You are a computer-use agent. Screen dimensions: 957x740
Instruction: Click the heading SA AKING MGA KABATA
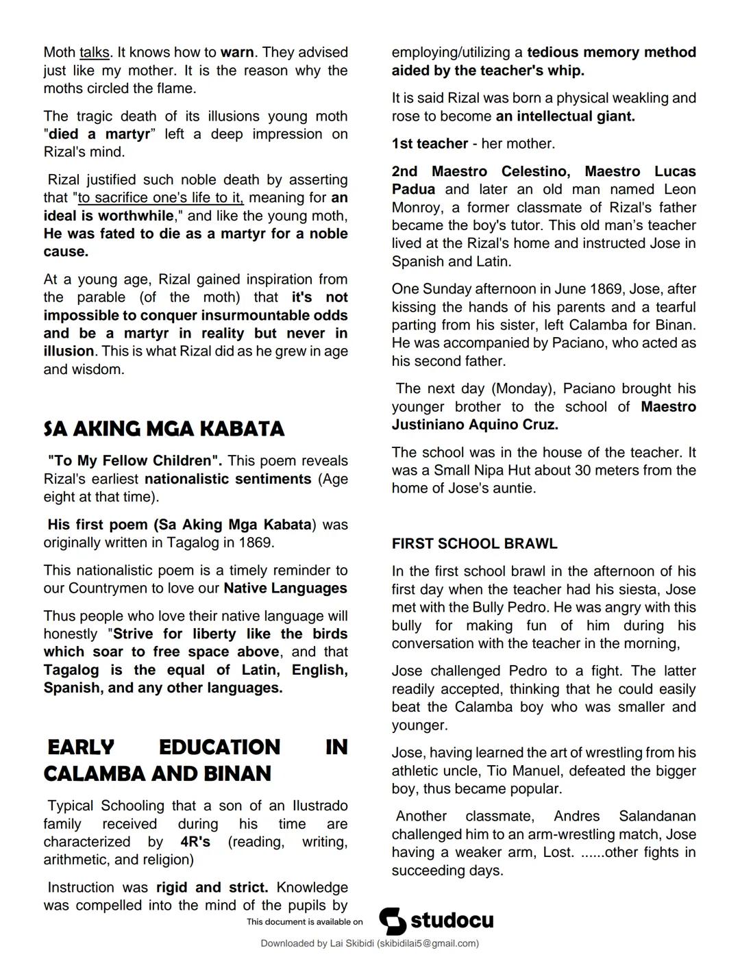click(164, 429)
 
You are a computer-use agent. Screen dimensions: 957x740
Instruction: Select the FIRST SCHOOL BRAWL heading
click(474, 543)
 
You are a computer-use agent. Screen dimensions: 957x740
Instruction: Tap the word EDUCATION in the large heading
click(219, 747)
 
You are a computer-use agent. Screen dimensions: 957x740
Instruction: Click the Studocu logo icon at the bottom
click(393, 921)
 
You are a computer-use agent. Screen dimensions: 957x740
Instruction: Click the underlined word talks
click(94, 52)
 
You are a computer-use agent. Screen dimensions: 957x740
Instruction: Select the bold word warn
click(237, 52)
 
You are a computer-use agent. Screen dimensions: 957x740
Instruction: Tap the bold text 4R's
click(195, 841)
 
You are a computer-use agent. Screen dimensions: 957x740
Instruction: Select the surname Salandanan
click(656, 816)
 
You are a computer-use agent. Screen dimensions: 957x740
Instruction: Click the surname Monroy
click(419, 208)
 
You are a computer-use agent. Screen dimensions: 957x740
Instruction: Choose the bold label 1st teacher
click(430, 143)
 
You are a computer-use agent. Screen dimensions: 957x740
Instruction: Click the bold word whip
click(567, 70)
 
